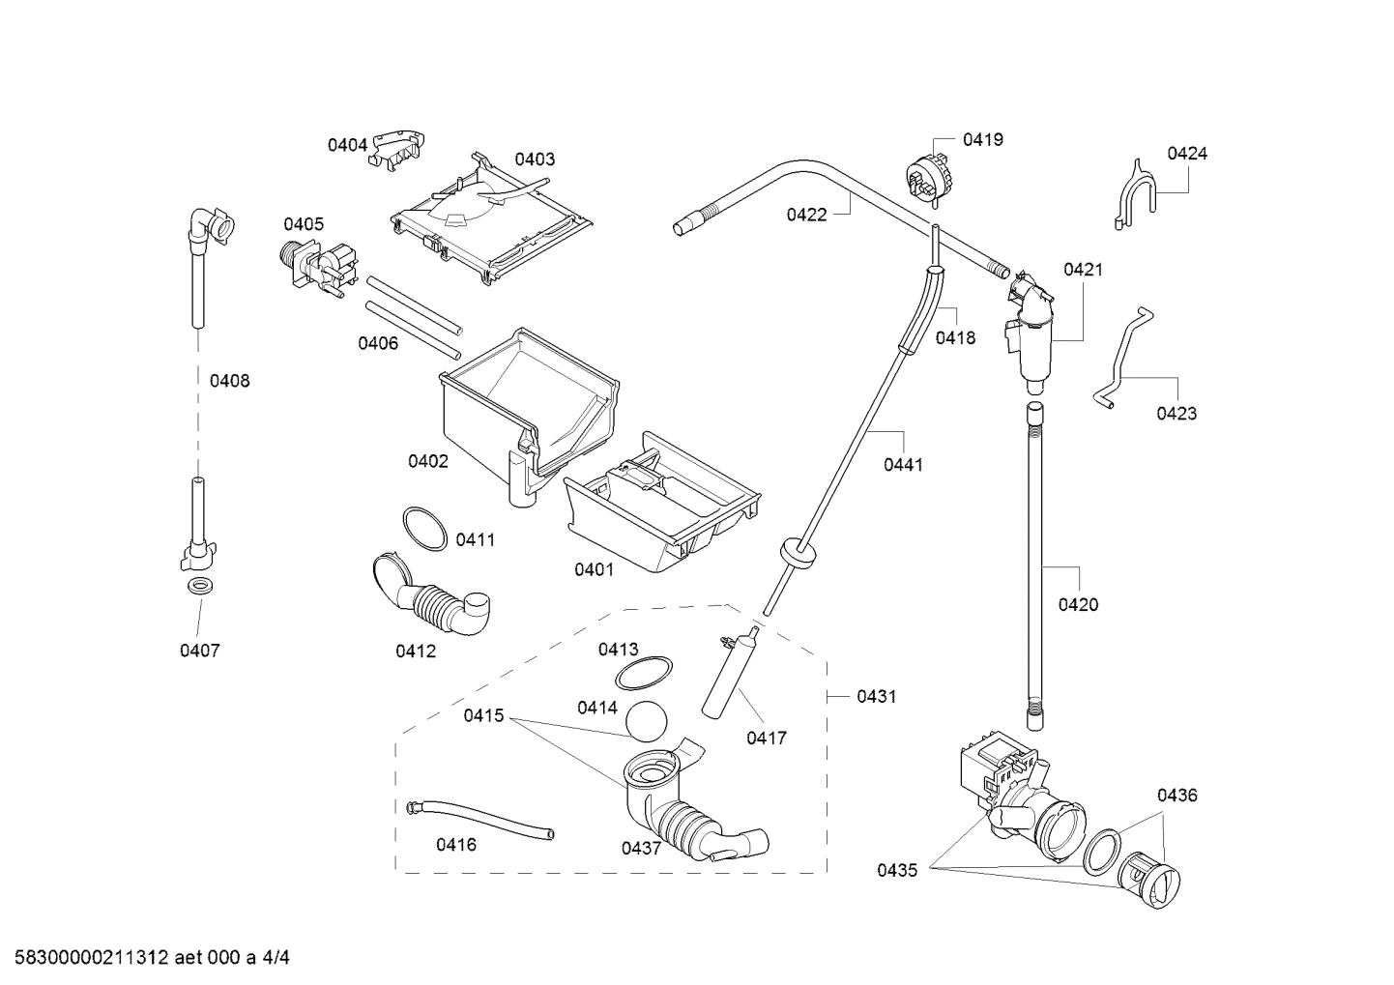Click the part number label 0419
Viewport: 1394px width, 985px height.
point(982,139)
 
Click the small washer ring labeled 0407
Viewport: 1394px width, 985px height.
point(200,587)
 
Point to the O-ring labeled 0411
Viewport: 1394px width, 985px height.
point(423,529)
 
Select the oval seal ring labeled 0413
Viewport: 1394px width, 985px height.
point(644,673)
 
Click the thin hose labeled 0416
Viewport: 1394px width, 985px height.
point(481,820)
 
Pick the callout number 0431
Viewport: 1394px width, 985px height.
point(876,696)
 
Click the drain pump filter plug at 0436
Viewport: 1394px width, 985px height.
point(1150,881)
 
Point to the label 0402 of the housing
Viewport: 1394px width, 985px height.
point(427,461)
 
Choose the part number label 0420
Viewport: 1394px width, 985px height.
point(1078,605)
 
